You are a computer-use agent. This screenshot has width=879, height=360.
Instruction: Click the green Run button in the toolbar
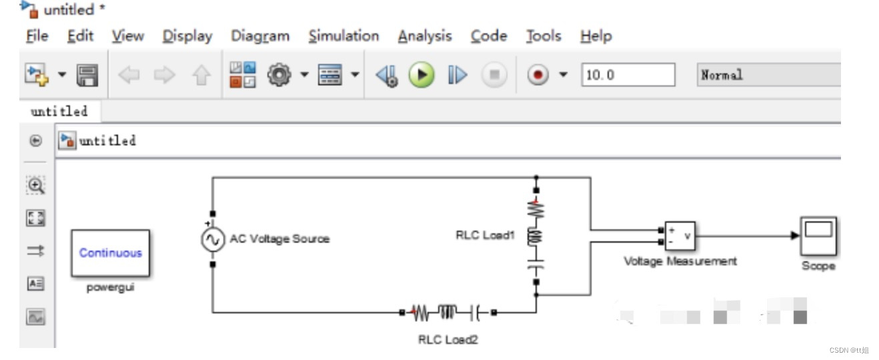tap(421, 75)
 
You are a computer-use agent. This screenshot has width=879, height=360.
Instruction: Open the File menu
tap(37, 36)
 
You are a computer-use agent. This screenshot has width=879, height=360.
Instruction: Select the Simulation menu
tap(343, 36)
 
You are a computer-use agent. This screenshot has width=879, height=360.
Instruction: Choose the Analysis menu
tap(425, 36)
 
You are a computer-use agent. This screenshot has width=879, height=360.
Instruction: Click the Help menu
tap(596, 36)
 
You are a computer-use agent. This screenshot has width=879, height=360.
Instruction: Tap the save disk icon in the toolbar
tap(87, 75)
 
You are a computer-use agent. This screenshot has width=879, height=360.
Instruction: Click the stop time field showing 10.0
tap(628, 75)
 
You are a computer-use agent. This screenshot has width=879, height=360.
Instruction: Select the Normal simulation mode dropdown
tap(767, 75)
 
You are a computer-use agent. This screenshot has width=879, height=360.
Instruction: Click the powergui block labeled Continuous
tap(111, 253)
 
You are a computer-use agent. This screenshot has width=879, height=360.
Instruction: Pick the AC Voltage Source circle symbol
tap(213, 239)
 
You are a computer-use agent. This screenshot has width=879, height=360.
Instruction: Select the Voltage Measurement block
tap(680, 236)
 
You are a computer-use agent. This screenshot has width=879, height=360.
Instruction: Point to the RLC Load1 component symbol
tap(536, 237)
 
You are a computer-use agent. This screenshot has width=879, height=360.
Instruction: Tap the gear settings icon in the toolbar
tap(278, 75)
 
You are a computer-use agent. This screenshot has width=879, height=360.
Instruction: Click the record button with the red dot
tap(537, 75)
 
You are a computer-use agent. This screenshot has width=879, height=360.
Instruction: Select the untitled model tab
tap(59, 111)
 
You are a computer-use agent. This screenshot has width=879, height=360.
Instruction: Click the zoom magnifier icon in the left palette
tap(36, 185)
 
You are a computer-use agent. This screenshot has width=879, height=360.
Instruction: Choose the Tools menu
tap(543, 36)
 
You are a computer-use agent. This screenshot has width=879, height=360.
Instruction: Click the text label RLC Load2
tap(448, 339)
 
